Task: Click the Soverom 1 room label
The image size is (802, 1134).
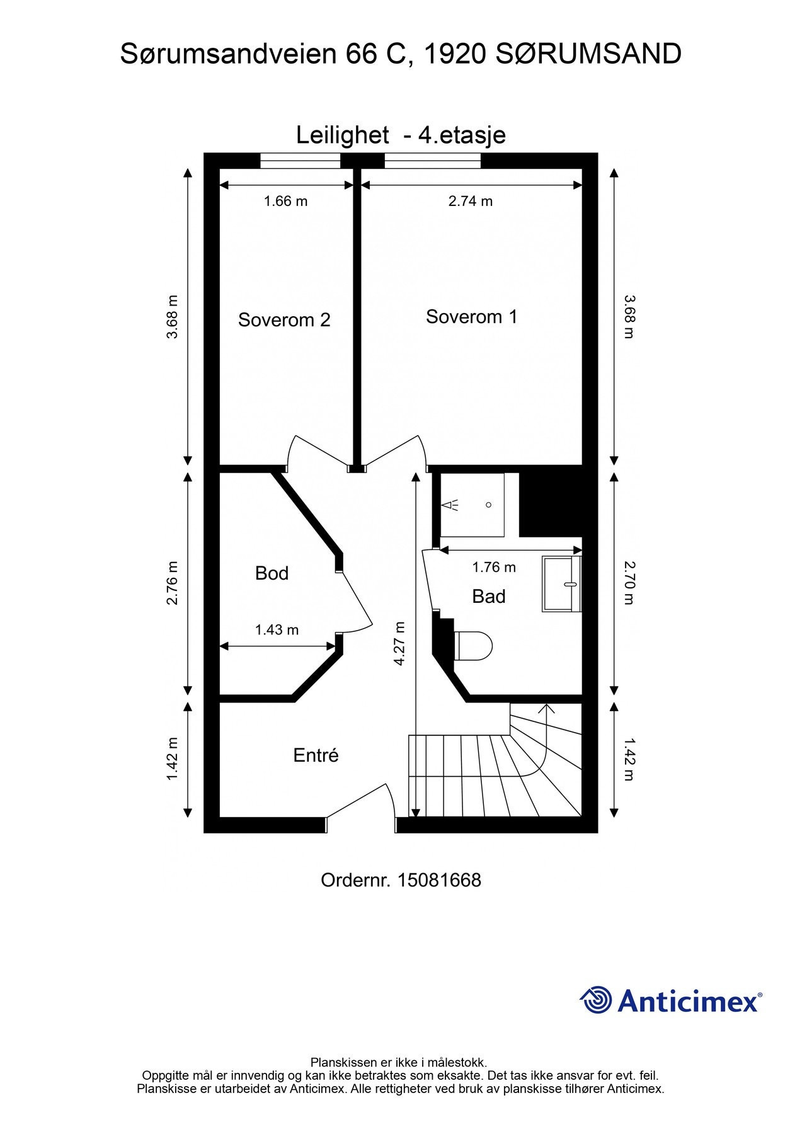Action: pyautogui.click(x=471, y=316)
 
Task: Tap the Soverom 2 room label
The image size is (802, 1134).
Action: pyautogui.click(x=284, y=320)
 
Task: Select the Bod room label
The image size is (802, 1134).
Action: pyautogui.click(x=272, y=573)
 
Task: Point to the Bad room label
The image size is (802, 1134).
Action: pyautogui.click(x=489, y=597)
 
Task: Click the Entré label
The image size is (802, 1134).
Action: pyautogui.click(x=316, y=755)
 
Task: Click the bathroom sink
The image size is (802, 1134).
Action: pyautogui.click(x=561, y=584)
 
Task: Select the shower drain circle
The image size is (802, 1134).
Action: pyautogui.click(x=488, y=505)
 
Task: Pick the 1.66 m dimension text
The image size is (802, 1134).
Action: pyautogui.click(x=285, y=201)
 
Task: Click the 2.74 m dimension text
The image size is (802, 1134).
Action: pyautogui.click(x=471, y=201)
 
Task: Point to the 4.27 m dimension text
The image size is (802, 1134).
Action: pyautogui.click(x=399, y=643)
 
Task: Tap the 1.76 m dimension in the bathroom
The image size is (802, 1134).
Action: pyautogui.click(x=494, y=567)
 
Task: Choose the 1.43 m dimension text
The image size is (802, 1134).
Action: pyautogui.click(x=277, y=629)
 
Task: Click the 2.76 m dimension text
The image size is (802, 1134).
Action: pyautogui.click(x=172, y=583)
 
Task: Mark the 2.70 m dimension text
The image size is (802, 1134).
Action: pyautogui.click(x=629, y=583)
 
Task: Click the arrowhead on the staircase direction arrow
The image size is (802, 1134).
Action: pyautogui.click(x=546, y=707)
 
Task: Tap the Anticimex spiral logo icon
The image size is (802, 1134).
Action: pyautogui.click(x=596, y=1000)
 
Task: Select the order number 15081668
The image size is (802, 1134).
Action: pyautogui.click(x=439, y=880)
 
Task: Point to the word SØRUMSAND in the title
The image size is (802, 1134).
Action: pyautogui.click(x=588, y=54)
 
